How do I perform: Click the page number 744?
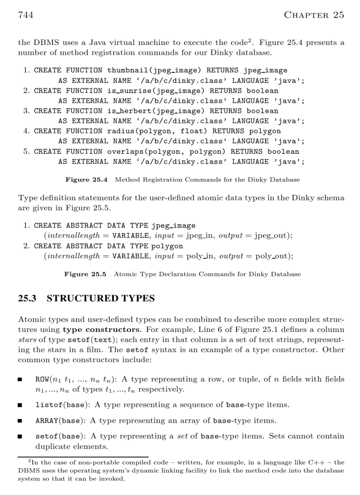[x=26, y=15]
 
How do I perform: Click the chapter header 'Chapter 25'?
[x=314, y=15]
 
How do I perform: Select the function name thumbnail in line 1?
[x=125, y=70]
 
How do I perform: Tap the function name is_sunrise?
[x=125, y=90]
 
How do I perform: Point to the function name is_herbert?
[x=125, y=111]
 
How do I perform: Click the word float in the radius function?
[x=198, y=131]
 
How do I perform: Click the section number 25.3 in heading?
[x=27, y=298]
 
